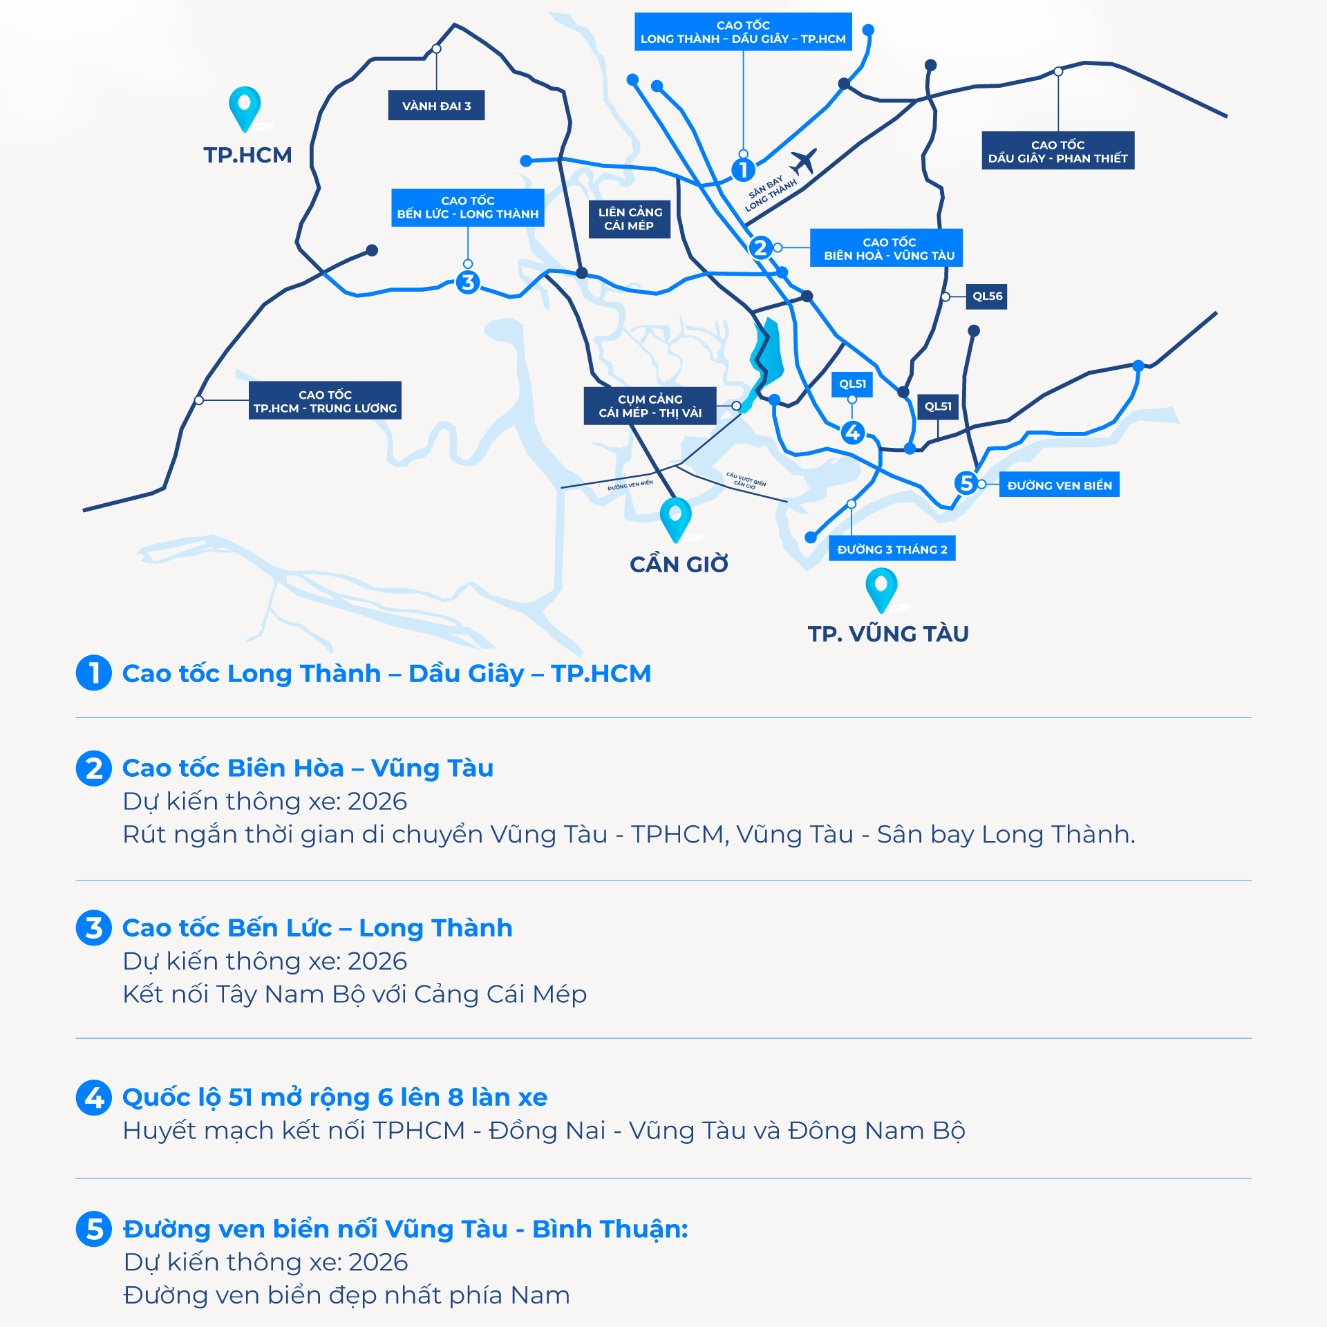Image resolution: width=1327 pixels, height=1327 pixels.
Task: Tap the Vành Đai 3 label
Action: (x=436, y=106)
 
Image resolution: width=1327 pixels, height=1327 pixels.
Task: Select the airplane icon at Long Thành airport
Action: (x=802, y=162)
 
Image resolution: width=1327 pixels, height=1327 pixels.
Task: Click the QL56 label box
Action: (x=987, y=297)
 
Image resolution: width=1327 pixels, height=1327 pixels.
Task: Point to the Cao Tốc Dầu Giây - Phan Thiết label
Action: (x=1057, y=151)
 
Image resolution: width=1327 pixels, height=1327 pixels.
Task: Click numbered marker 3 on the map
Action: (x=468, y=282)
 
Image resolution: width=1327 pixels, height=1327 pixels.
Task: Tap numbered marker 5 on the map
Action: (x=966, y=482)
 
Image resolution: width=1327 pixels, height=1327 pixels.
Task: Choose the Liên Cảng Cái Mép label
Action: (x=630, y=219)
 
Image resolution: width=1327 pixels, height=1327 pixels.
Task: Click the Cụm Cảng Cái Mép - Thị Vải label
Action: (x=650, y=406)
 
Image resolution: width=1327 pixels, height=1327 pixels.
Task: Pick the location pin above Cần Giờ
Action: (x=675, y=516)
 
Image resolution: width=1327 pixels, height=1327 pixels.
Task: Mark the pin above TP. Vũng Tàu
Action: (x=881, y=587)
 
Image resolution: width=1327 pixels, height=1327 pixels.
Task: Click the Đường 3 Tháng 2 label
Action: (x=892, y=549)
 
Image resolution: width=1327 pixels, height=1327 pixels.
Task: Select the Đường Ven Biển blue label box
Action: (x=1059, y=485)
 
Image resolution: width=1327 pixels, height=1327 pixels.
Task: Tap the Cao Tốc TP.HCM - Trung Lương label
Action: (x=325, y=401)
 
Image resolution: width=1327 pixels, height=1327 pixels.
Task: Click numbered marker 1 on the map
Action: (x=743, y=169)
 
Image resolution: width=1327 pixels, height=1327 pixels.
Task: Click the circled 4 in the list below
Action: (x=94, y=1098)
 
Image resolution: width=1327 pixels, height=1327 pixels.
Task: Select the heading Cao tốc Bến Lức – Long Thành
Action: (x=317, y=928)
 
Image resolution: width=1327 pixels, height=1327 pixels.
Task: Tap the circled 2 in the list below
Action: (x=94, y=769)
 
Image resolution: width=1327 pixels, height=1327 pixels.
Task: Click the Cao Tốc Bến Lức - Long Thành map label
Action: (x=468, y=207)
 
